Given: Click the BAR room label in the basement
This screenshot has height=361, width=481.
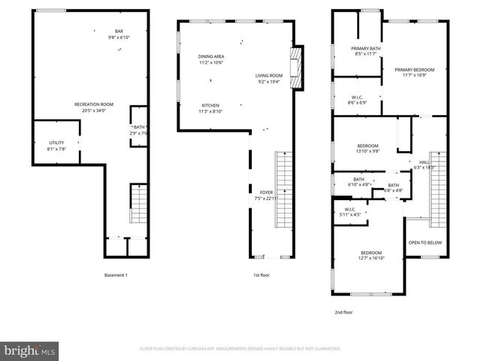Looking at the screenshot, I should click(119, 31).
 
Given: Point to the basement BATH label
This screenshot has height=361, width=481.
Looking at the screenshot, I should click(139, 127).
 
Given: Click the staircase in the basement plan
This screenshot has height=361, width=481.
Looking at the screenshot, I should click(138, 199).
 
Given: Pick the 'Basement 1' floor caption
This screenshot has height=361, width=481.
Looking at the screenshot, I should click(116, 275).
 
